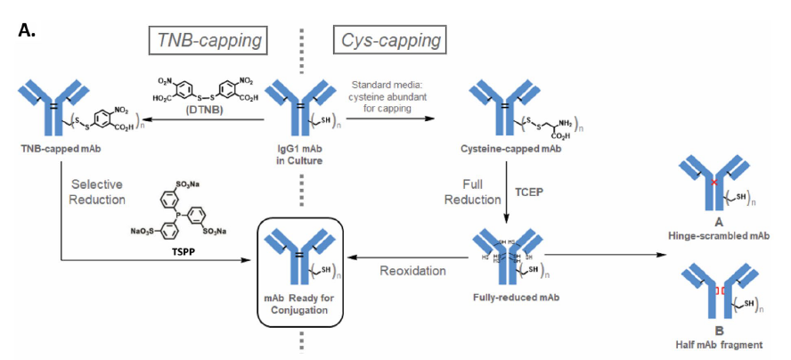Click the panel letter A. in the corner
coord(27,31)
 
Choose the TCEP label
coord(530,190)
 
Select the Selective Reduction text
coord(100,190)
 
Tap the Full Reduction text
coord(471,190)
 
